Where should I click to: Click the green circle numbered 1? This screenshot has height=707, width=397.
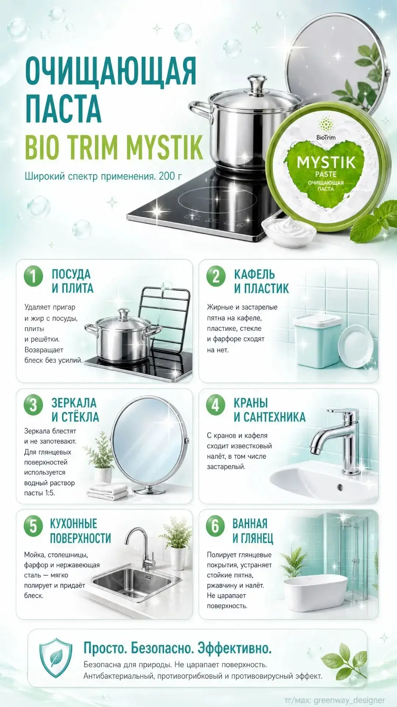point(33,276)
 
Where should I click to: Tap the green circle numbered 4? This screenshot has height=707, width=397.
point(215,405)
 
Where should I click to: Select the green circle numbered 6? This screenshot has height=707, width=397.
point(215,526)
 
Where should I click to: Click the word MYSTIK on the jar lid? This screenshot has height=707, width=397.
point(326,162)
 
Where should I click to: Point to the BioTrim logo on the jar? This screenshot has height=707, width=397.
point(326,129)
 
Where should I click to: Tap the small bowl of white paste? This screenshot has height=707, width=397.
point(289,229)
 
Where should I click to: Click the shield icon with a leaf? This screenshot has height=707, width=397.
point(56,658)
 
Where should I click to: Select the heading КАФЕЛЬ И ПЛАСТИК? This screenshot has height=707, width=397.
point(261,281)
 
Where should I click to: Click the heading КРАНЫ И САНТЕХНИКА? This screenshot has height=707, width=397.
point(269,410)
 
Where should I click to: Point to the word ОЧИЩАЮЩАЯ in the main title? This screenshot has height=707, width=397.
point(111,71)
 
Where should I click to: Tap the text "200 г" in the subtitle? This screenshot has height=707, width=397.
point(170,176)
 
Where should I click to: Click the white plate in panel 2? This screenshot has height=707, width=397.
point(353,346)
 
